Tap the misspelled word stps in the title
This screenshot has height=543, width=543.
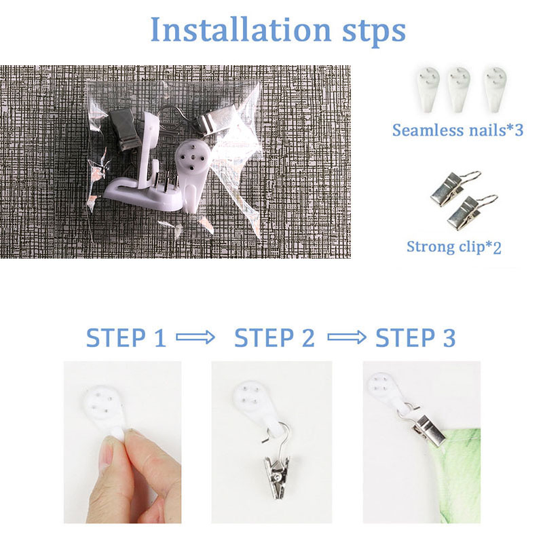pyautogui.click(x=374, y=32)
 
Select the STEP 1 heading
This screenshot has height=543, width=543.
pyautogui.click(x=126, y=337)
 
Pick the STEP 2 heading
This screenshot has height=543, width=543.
pyautogui.click(x=275, y=337)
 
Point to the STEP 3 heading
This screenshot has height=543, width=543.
pyautogui.click(x=415, y=337)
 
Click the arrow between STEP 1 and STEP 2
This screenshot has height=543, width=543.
pyautogui.click(x=195, y=337)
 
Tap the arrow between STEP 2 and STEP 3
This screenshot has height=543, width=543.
pyautogui.click(x=347, y=337)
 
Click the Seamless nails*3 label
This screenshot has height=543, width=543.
pyautogui.click(x=457, y=130)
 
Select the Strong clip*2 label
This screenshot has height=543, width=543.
pyautogui.click(x=454, y=247)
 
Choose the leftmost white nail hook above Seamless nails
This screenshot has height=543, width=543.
pyautogui.click(x=428, y=90)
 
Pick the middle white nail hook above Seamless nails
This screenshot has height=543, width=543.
pyautogui.click(x=459, y=90)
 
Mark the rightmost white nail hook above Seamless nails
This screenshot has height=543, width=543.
pyautogui.click(x=495, y=90)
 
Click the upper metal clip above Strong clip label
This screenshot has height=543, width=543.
pyautogui.click(x=452, y=189)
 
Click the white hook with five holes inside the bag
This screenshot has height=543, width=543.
pyautogui.click(x=192, y=172)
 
